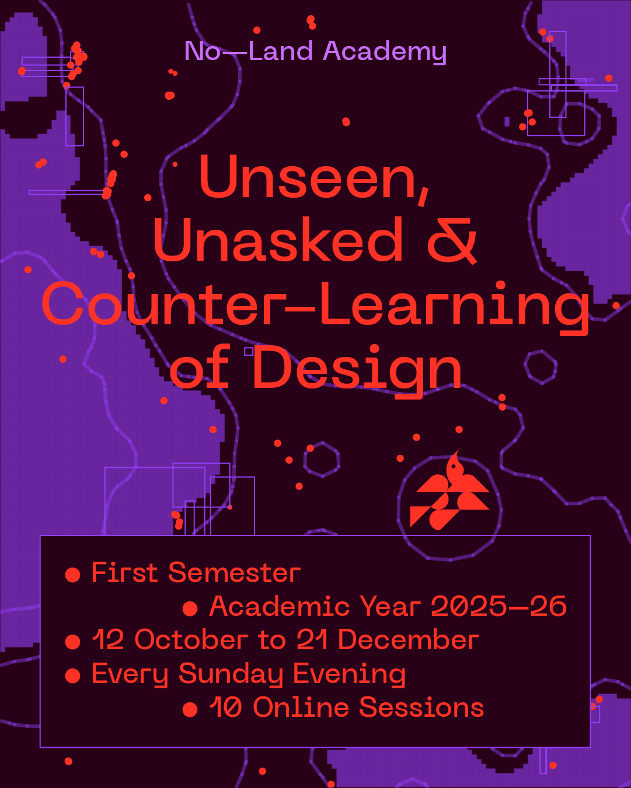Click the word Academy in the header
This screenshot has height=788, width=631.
click(x=385, y=52)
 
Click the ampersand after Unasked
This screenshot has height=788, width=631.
click(x=452, y=241)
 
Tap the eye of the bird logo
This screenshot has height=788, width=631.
click(x=454, y=467)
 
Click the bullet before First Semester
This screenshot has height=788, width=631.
click(x=72, y=575)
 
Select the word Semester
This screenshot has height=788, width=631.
click(x=234, y=573)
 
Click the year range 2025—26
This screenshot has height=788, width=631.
click(x=498, y=607)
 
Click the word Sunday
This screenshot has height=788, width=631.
click(x=231, y=674)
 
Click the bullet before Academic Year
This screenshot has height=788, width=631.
click(x=190, y=608)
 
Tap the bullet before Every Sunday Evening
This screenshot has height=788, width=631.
click(x=72, y=675)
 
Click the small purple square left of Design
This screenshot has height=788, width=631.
click(x=249, y=352)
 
